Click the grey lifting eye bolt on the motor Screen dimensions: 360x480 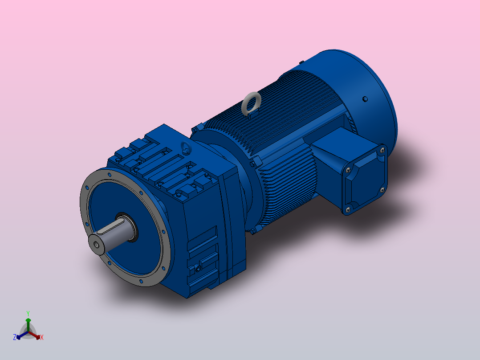coord(251,103)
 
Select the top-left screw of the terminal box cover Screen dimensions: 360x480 coord(347,170)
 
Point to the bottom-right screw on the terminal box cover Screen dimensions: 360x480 coord(382,190)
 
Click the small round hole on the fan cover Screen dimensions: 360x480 coord(365,99)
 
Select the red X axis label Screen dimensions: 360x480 coord(42,338)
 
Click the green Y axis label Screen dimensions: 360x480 coord(28,313)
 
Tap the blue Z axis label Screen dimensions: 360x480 coord(15,337)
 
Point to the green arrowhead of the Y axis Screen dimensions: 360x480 coord(28,320)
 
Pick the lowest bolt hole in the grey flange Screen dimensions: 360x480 coord(142,282)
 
